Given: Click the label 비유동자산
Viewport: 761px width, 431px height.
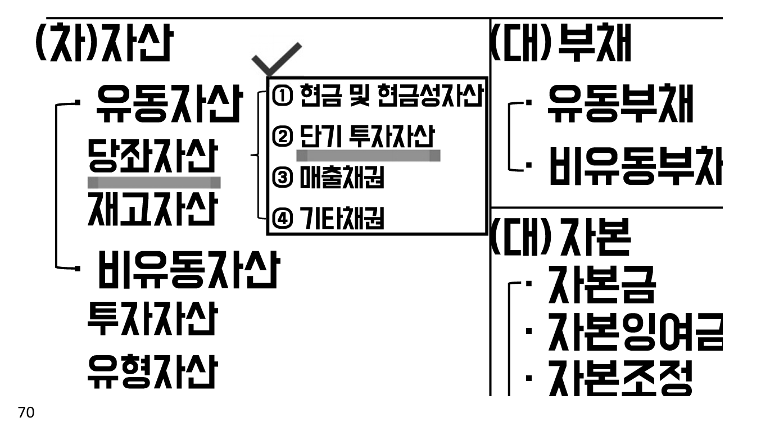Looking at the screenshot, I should [x=187, y=270].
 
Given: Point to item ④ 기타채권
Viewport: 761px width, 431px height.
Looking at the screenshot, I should [x=328, y=219].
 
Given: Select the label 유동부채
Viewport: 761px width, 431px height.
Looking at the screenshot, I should [x=620, y=105].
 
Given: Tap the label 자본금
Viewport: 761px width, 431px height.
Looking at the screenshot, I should [x=599, y=286].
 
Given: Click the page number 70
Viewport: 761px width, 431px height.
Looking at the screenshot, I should [x=26, y=413].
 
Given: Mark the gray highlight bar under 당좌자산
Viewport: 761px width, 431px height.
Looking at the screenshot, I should [x=154, y=182].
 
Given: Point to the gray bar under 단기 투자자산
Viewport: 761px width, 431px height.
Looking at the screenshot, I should [x=368, y=155].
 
